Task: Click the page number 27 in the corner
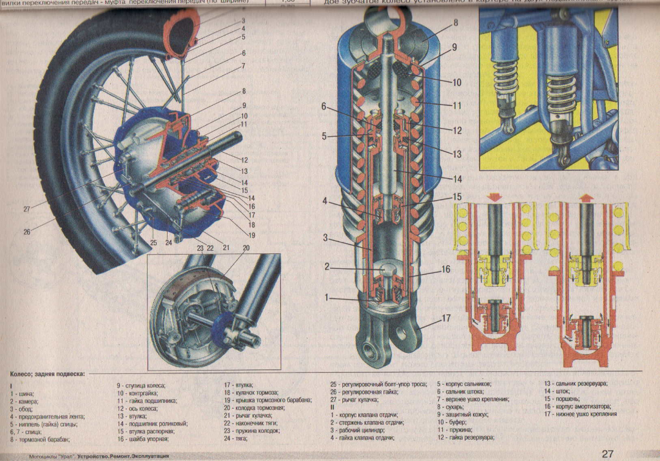click(608, 453)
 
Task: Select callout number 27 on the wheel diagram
click(26, 209)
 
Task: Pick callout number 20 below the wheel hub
click(247, 248)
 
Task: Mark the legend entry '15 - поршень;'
click(563, 398)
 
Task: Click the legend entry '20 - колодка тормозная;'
click(254, 408)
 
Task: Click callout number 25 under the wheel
click(153, 242)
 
